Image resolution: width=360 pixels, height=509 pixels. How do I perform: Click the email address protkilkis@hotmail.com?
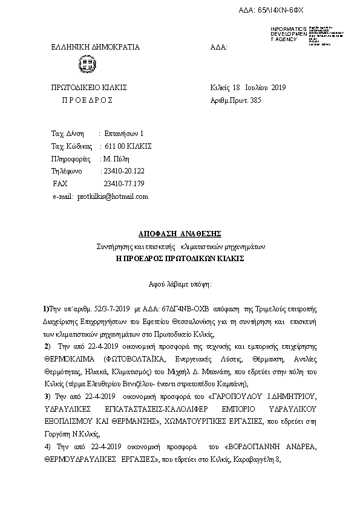click(x=113, y=196)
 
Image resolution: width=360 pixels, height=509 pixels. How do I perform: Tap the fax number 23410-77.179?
click(x=124, y=183)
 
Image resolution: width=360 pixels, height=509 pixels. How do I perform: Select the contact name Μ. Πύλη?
click(x=117, y=158)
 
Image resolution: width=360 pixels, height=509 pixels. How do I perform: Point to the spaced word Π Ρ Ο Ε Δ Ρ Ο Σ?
click(x=87, y=100)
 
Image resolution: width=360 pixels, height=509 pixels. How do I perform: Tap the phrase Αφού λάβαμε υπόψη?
click(x=180, y=283)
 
